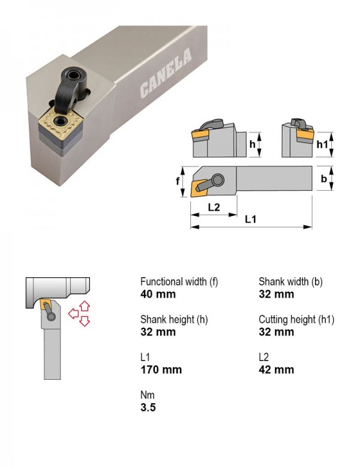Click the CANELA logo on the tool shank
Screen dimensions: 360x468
(x=166, y=73)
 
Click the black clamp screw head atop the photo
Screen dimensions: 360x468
(x=73, y=76)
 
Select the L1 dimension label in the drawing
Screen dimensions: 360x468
(x=250, y=220)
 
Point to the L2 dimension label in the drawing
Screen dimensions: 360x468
(x=214, y=207)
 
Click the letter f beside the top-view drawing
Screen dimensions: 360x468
(x=178, y=181)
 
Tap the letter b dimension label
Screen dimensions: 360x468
(x=323, y=179)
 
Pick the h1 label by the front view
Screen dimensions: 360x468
(x=322, y=145)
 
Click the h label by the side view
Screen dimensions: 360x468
(x=253, y=144)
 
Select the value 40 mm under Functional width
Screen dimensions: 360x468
(x=158, y=294)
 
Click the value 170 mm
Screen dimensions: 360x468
(x=161, y=370)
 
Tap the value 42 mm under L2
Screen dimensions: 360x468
(x=277, y=370)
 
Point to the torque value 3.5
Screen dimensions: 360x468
(x=148, y=407)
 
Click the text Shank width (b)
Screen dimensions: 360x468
(x=290, y=281)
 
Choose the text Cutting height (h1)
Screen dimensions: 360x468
(x=296, y=319)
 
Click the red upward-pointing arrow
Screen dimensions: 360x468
(x=85, y=307)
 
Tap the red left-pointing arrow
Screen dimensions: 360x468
(x=73, y=314)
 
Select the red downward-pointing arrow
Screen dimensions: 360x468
(x=85, y=321)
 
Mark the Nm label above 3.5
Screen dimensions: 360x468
(x=148, y=395)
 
